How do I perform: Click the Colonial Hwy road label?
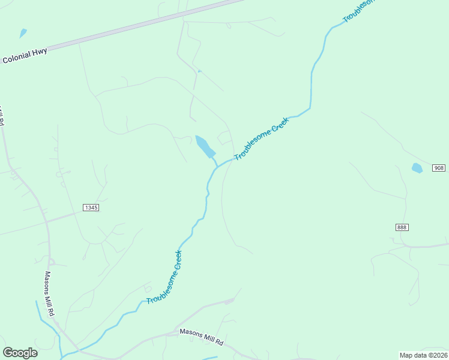(25, 55)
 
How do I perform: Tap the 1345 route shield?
(91, 207)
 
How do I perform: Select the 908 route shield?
(439, 168)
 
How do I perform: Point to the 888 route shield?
(402, 227)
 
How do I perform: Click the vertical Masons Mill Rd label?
(50, 294)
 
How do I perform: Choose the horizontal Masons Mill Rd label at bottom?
(202, 337)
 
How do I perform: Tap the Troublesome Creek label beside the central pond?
(262, 139)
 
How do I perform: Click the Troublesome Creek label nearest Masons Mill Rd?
(164, 277)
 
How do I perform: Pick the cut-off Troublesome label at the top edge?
(358, 11)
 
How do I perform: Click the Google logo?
(20, 353)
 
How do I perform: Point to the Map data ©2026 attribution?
(423, 355)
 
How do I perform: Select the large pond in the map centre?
(205, 146)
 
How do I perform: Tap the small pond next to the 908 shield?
(417, 168)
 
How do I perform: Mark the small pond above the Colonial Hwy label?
(23, 33)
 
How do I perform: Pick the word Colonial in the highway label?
(17, 58)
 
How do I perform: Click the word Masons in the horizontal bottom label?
(190, 334)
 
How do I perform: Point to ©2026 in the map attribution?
(436, 355)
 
